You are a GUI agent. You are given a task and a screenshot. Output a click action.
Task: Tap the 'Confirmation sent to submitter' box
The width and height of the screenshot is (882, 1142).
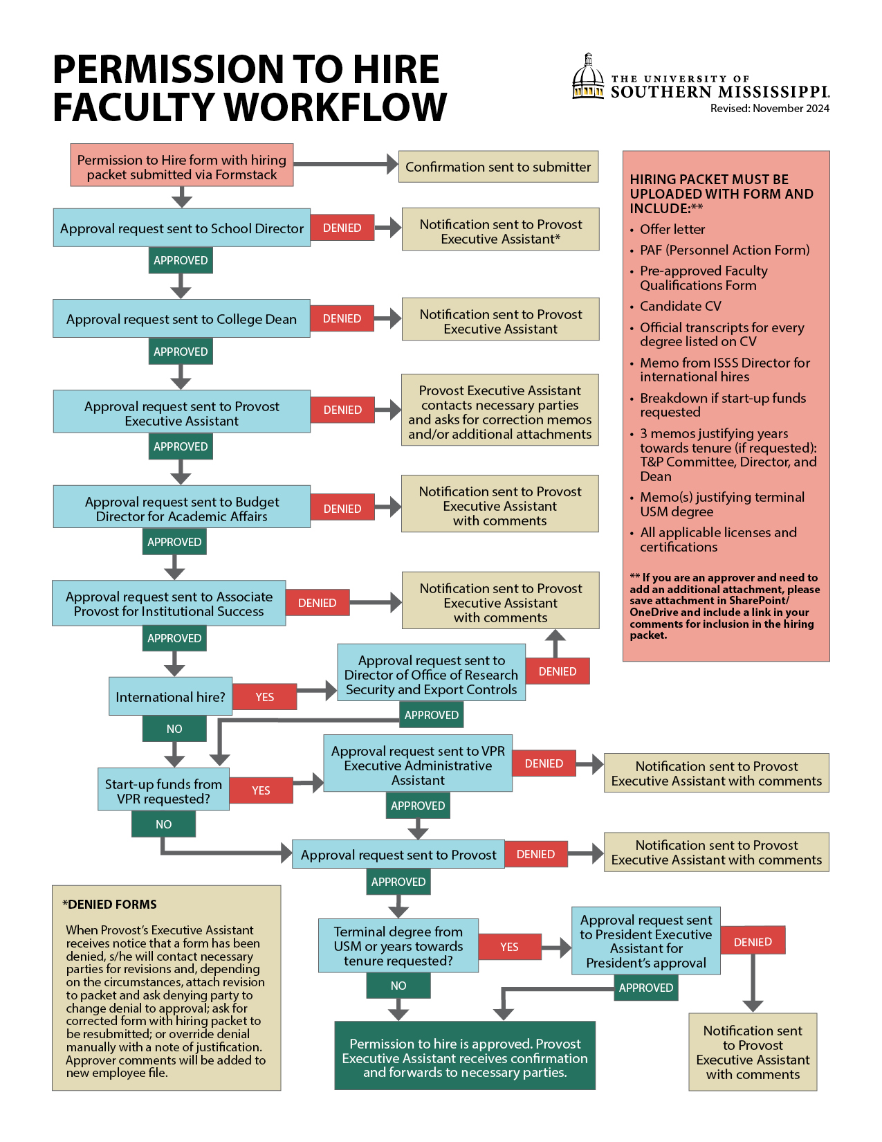498,167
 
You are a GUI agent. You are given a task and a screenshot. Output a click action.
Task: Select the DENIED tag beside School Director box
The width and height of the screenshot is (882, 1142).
342,228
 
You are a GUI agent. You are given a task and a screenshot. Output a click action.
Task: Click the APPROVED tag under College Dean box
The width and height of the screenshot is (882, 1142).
181,351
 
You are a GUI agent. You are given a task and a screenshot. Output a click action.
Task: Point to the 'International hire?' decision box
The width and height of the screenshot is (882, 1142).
170,696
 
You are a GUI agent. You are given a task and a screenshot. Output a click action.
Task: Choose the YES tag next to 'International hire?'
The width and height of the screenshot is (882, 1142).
265,697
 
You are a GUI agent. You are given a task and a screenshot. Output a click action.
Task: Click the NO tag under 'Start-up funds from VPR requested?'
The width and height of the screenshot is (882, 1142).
163,824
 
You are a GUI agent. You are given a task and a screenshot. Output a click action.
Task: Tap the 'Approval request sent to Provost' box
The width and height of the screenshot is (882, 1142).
398,855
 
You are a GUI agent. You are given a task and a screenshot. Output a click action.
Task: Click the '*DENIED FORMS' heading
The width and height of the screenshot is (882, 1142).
109,904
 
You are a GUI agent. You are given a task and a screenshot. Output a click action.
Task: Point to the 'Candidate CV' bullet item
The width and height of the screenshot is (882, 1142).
680,306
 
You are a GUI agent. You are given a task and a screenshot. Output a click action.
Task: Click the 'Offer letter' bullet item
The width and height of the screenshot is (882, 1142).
672,229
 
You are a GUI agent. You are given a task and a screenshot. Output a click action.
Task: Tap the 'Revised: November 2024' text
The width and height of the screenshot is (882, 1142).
769,108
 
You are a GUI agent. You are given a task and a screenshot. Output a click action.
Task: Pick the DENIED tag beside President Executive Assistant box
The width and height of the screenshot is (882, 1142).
753,942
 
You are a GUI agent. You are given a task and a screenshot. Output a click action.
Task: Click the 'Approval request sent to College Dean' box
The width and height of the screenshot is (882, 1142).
181,318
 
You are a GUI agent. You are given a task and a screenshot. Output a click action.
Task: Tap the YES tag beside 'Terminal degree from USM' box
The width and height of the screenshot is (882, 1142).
510,947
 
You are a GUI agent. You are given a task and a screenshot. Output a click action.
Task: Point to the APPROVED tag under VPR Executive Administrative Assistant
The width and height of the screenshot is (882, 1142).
418,805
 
